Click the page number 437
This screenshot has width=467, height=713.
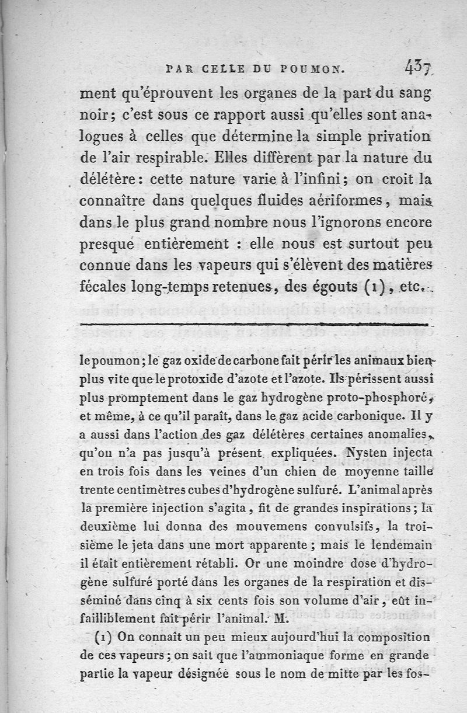(417, 69)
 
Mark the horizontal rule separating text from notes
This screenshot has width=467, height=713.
(254, 323)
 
